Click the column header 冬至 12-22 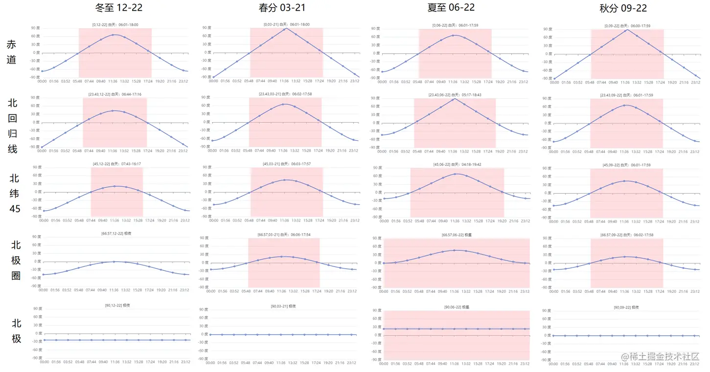[x=115, y=8]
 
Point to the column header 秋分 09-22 [x=623, y=8]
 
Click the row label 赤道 [x=11, y=51]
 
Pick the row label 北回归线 [x=12, y=126]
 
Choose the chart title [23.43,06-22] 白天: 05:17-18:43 [x=455, y=95]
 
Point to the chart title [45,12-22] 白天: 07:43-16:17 [x=115, y=164]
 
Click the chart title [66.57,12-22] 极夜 [x=115, y=233]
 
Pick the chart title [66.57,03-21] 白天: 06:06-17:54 [x=284, y=235]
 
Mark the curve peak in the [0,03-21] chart [x=286, y=28]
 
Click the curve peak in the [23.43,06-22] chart [x=455, y=98]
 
